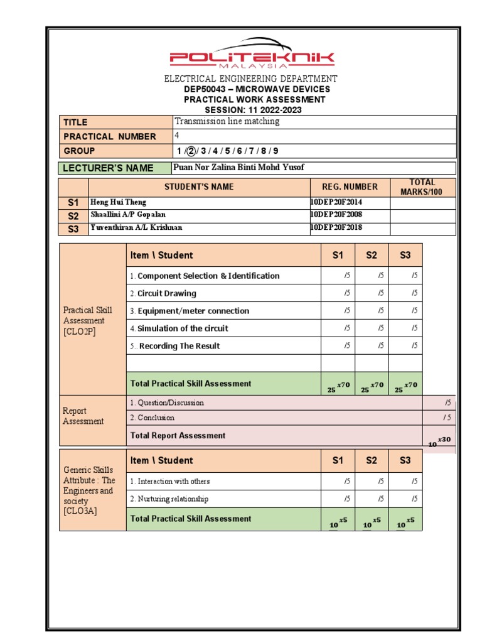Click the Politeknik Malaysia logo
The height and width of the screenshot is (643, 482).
pyautogui.click(x=252, y=55)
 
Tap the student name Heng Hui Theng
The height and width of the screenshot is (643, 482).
pyautogui.click(x=119, y=202)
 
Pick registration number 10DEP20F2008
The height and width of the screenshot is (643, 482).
pyautogui.click(x=336, y=215)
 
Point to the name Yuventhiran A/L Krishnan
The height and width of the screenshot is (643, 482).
pyautogui.click(x=136, y=228)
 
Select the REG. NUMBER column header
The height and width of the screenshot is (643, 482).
pyautogui.click(x=350, y=187)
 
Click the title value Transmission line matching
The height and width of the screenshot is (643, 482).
pyautogui.click(x=227, y=122)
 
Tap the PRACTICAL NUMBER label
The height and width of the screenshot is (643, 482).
pyautogui.click(x=110, y=136)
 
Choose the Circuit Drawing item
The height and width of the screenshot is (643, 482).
pyautogui.click(x=163, y=293)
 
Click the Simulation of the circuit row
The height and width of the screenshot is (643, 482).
pyautogui.click(x=179, y=328)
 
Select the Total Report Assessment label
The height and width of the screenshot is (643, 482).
pyautogui.click(x=178, y=436)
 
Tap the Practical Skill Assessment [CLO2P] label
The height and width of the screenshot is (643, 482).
pyautogui.click(x=88, y=321)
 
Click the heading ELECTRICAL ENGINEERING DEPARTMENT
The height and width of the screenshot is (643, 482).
pyautogui.click(x=251, y=79)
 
